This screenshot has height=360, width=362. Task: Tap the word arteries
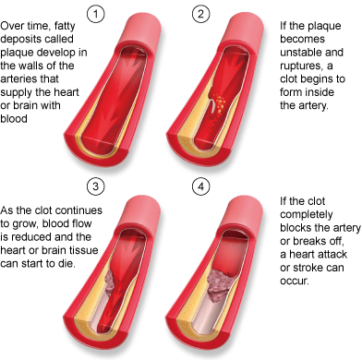tap(25, 78)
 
